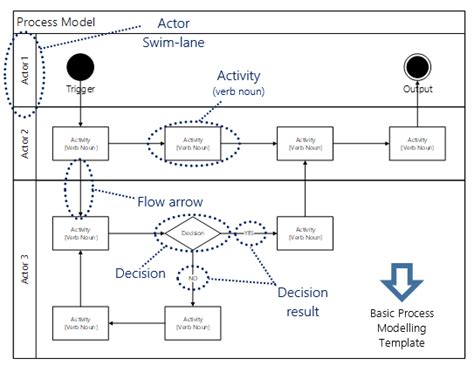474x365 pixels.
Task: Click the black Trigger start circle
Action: click(x=81, y=67)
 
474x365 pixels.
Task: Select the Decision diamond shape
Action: click(x=192, y=232)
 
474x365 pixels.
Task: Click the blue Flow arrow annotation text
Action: click(x=171, y=201)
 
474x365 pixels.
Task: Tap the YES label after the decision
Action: click(x=247, y=232)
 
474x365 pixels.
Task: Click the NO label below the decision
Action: click(x=192, y=278)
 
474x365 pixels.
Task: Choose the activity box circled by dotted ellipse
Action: click(x=193, y=143)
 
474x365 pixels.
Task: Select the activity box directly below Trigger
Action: click(x=81, y=143)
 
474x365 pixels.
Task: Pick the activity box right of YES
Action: click(x=305, y=232)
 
